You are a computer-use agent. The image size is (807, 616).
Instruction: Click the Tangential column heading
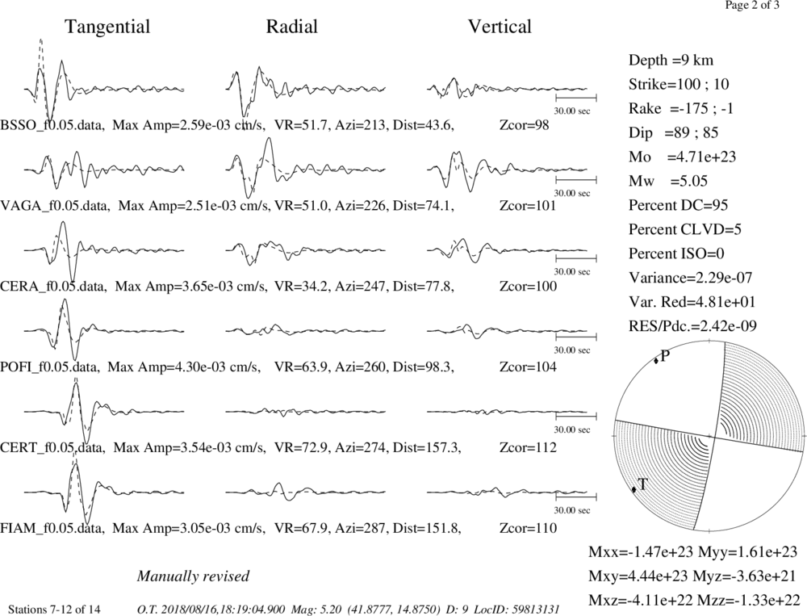(x=107, y=27)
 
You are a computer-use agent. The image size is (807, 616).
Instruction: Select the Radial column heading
(x=292, y=27)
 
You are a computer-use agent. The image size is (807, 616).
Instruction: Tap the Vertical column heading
(x=500, y=27)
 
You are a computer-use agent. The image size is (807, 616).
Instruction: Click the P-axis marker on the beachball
(x=656, y=361)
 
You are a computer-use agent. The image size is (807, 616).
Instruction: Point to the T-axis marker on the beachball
(x=634, y=489)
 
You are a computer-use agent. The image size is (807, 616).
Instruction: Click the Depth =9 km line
(x=671, y=61)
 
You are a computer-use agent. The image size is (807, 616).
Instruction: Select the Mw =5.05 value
(x=668, y=181)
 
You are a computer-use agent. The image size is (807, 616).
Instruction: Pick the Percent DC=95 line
(x=679, y=205)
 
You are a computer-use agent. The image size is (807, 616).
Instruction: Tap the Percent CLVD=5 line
(x=685, y=229)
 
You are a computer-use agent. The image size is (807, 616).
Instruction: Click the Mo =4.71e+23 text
(x=683, y=157)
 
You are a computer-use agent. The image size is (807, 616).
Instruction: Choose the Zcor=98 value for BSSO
(x=525, y=125)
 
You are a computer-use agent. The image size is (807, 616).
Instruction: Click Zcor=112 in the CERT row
(x=528, y=447)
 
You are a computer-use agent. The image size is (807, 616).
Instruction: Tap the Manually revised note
(x=193, y=576)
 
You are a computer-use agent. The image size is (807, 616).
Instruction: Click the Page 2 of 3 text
(x=752, y=6)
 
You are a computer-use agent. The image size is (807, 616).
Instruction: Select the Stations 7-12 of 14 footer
(x=55, y=610)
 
